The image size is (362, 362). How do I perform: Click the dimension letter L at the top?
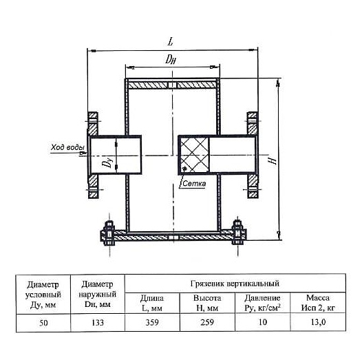pyautogui.click(x=171, y=42)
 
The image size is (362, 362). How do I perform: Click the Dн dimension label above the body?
pyautogui.click(x=171, y=60)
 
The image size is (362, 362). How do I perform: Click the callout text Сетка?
pyautogui.click(x=194, y=184)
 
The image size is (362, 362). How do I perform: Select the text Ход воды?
pyautogui.click(x=67, y=147)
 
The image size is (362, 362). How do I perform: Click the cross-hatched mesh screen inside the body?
pyautogui.click(x=194, y=155)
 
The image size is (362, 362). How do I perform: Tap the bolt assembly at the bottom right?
pyautogui.click(x=238, y=233)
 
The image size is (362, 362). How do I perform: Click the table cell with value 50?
pyautogui.click(x=43, y=323)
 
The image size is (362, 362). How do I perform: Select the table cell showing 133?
pyautogui.click(x=98, y=322)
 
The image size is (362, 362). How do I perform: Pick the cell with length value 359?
pyautogui.click(x=152, y=322)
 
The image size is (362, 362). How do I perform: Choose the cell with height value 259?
pyautogui.click(x=207, y=322)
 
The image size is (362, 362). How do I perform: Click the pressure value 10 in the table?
pyautogui.click(x=262, y=322)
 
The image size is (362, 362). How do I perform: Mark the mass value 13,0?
pyautogui.click(x=318, y=322)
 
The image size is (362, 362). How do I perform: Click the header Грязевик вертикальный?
pyautogui.click(x=235, y=284)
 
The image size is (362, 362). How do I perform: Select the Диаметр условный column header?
pyautogui.click(x=43, y=295)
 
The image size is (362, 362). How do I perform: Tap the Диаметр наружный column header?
pyautogui.click(x=98, y=295)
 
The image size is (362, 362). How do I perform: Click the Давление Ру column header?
pyautogui.click(x=262, y=303)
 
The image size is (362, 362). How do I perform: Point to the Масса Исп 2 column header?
pyautogui.click(x=318, y=303)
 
